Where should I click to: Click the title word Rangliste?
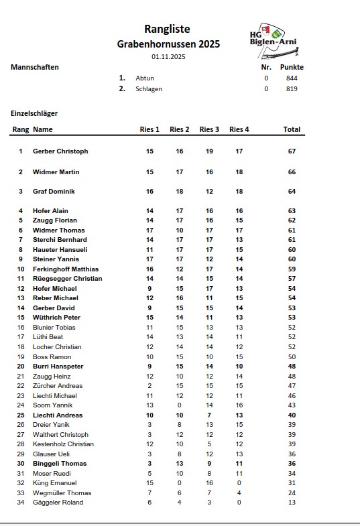coord(167,29)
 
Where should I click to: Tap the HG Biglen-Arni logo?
coord(272,40)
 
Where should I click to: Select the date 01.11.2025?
coord(168,57)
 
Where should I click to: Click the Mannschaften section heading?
coord(35,68)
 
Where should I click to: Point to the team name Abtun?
coord(144,78)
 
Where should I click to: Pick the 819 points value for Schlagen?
coord(291,88)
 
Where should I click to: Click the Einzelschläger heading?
coord(34,113)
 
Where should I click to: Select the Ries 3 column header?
coord(209,129)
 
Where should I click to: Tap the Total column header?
coord(292,129)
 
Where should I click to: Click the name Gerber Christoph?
coord(60,151)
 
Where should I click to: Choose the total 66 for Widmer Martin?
coord(292,172)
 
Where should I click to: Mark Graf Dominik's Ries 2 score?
coord(180,192)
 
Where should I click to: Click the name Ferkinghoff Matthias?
coord(66,269)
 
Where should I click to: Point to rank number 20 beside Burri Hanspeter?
coord(21,367)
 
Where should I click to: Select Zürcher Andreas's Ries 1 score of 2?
coord(149,386)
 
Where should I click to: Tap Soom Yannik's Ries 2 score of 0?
coord(180,405)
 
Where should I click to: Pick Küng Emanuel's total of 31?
coord(292,483)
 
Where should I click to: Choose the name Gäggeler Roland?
coord(58,503)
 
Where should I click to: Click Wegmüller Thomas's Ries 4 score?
coord(239,492)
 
